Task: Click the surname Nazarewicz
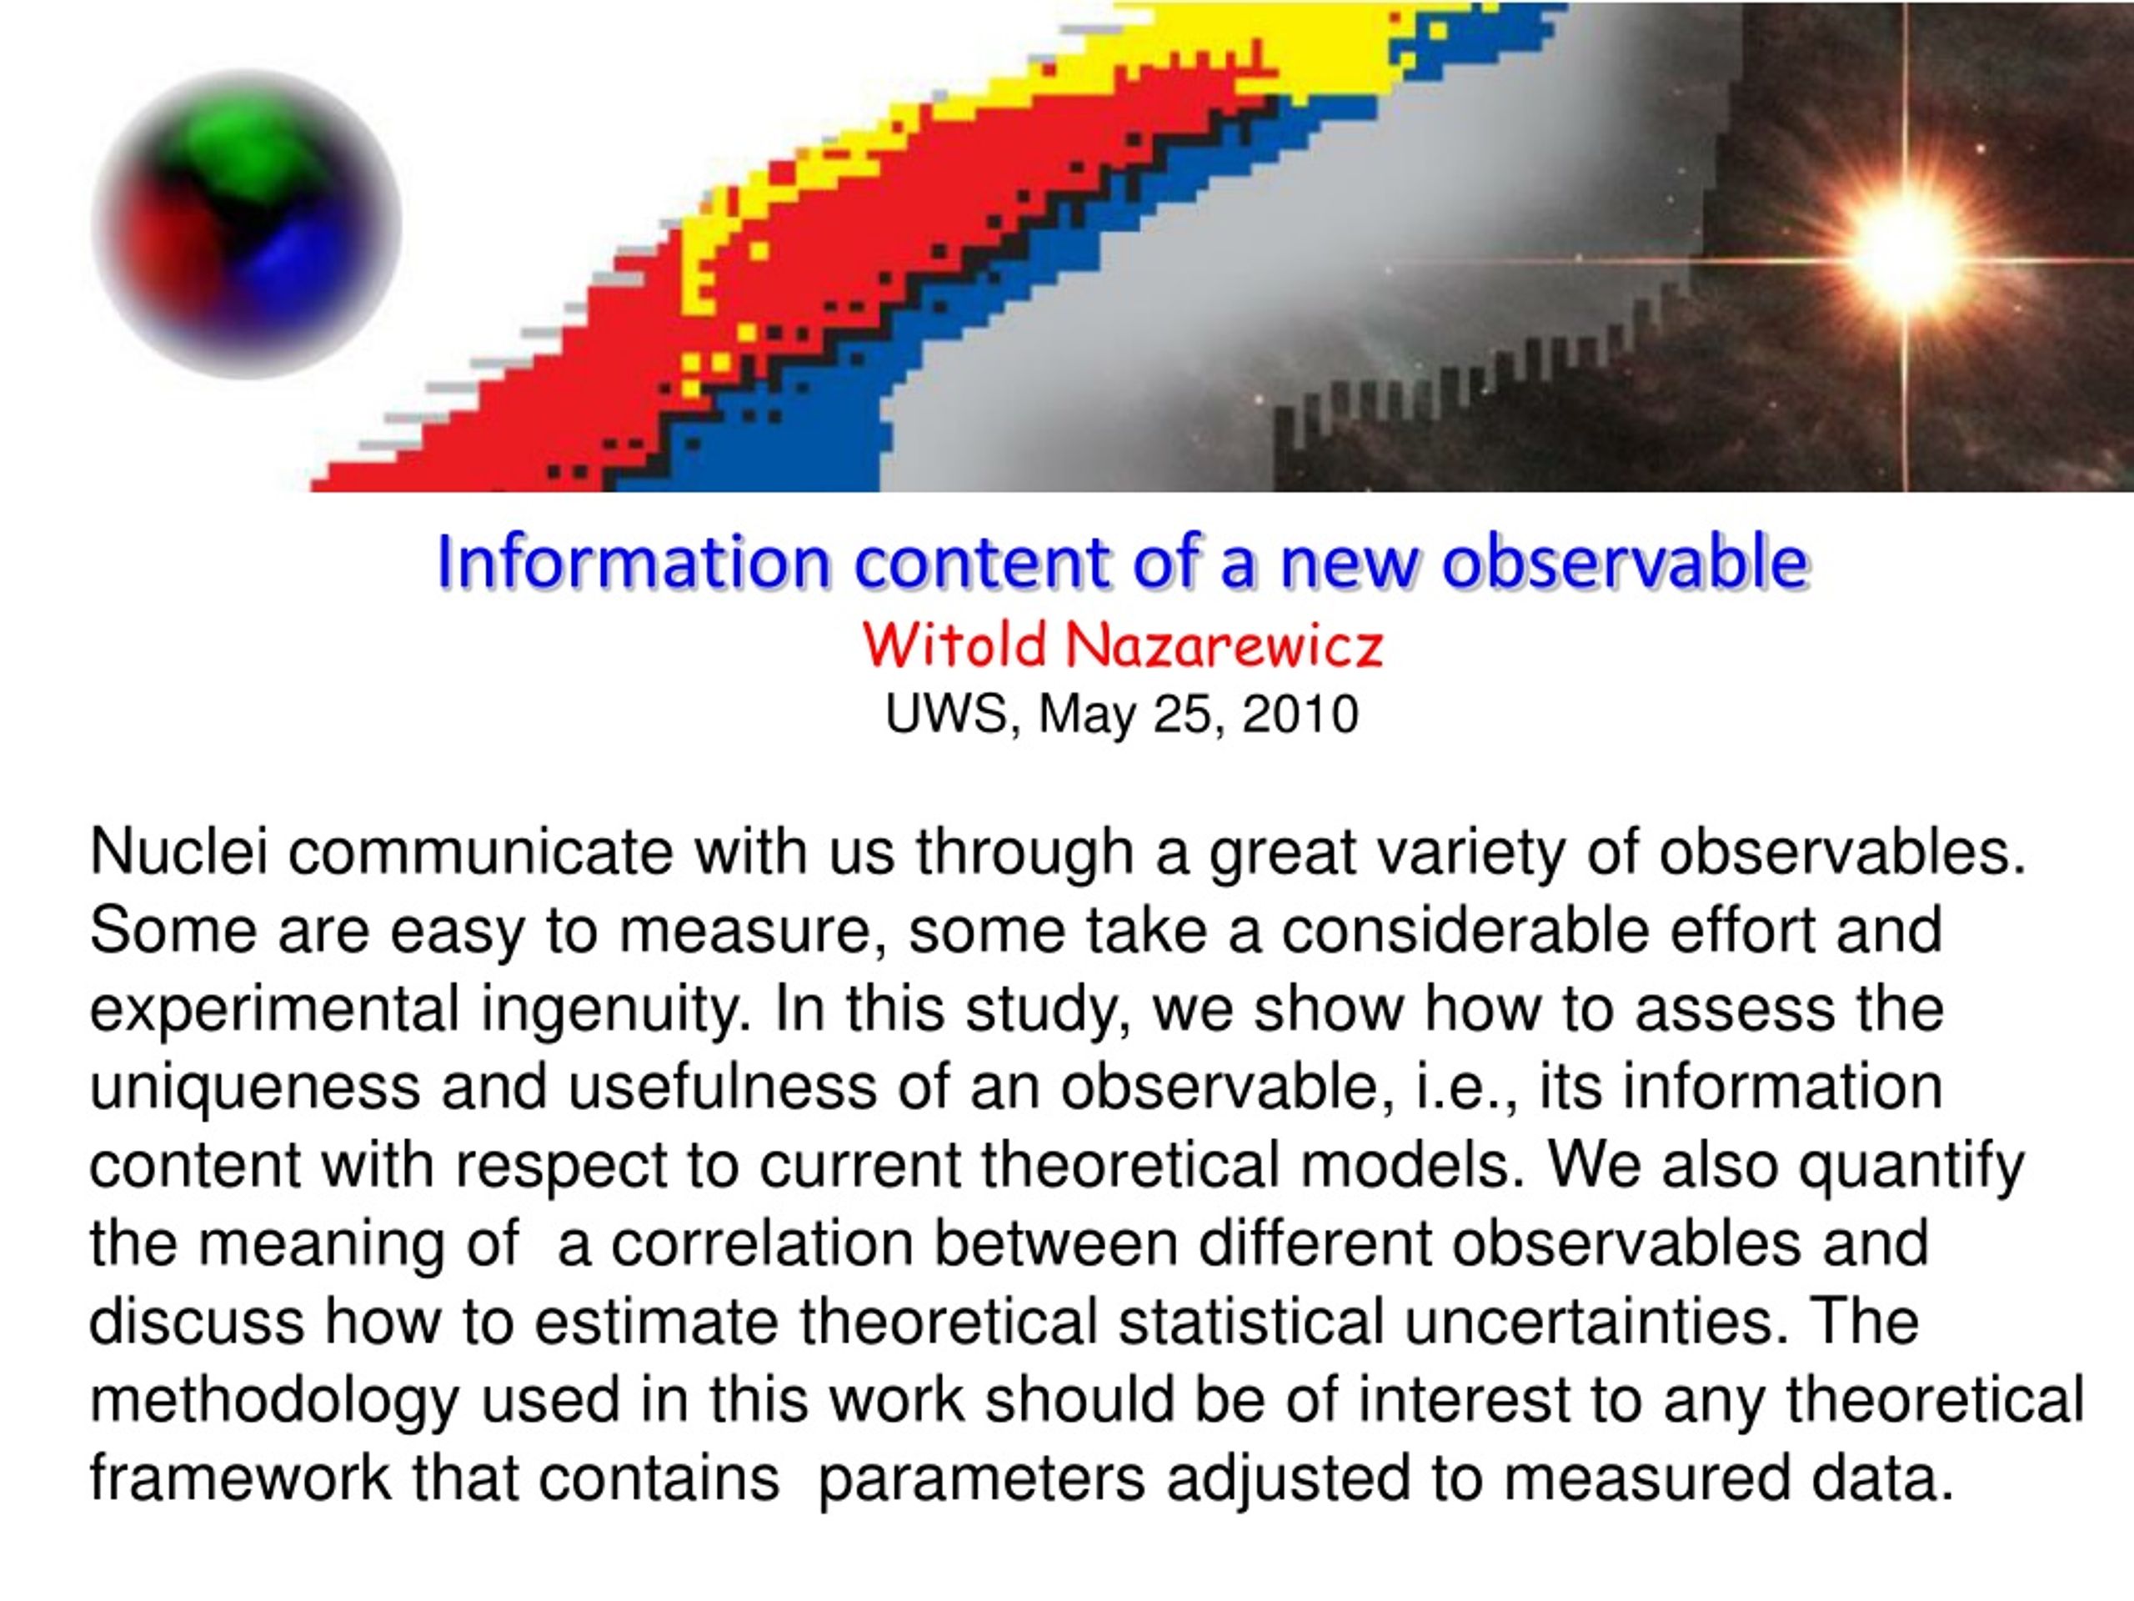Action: click(1225, 645)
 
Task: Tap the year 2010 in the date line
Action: click(1300, 715)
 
